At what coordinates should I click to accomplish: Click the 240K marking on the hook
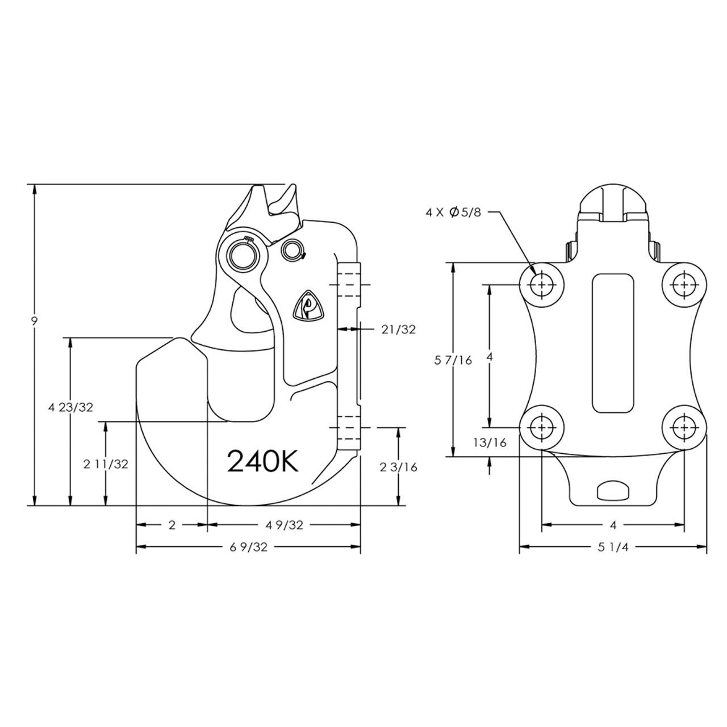click(262, 461)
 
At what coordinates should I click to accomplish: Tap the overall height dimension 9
click(35, 321)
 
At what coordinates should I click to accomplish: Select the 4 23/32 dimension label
click(70, 407)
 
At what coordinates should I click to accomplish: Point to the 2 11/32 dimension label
click(106, 464)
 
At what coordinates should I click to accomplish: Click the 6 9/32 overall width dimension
click(249, 547)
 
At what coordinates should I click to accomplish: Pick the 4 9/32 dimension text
click(285, 525)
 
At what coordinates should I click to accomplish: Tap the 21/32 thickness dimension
click(399, 329)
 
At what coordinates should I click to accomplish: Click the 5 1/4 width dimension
click(613, 547)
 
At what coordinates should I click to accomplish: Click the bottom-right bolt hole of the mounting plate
click(684, 427)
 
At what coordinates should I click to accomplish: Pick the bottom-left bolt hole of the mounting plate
click(542, 427)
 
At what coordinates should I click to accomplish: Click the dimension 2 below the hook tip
click(172, 525)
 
